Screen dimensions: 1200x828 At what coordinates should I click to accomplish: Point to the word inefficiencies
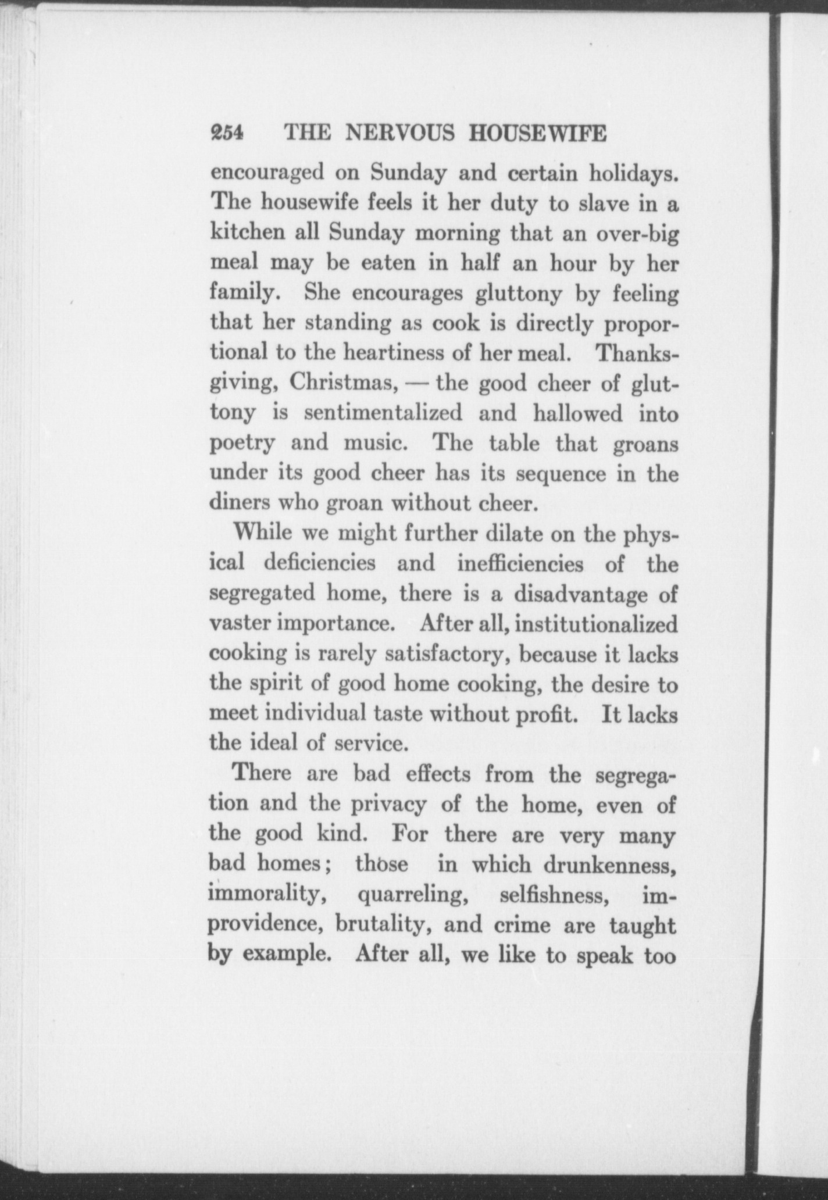click(520, 564)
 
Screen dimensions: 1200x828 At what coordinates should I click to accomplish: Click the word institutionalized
click(597, 624)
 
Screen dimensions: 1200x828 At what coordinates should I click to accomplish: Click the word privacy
click(388, 805)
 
